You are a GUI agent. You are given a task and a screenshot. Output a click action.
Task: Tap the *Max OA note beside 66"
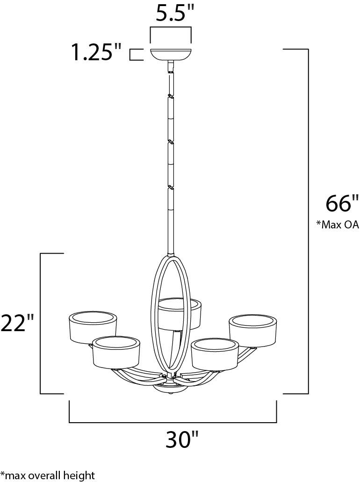pos(338,225)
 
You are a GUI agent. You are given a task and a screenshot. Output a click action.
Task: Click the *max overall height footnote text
pos(48,475)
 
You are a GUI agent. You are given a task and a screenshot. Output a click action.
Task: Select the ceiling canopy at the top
pos(171,55)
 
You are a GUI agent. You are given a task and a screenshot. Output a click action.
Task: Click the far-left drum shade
pos(92,327)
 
